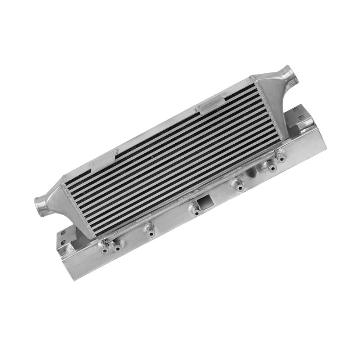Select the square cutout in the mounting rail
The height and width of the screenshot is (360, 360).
pos(204,202)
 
